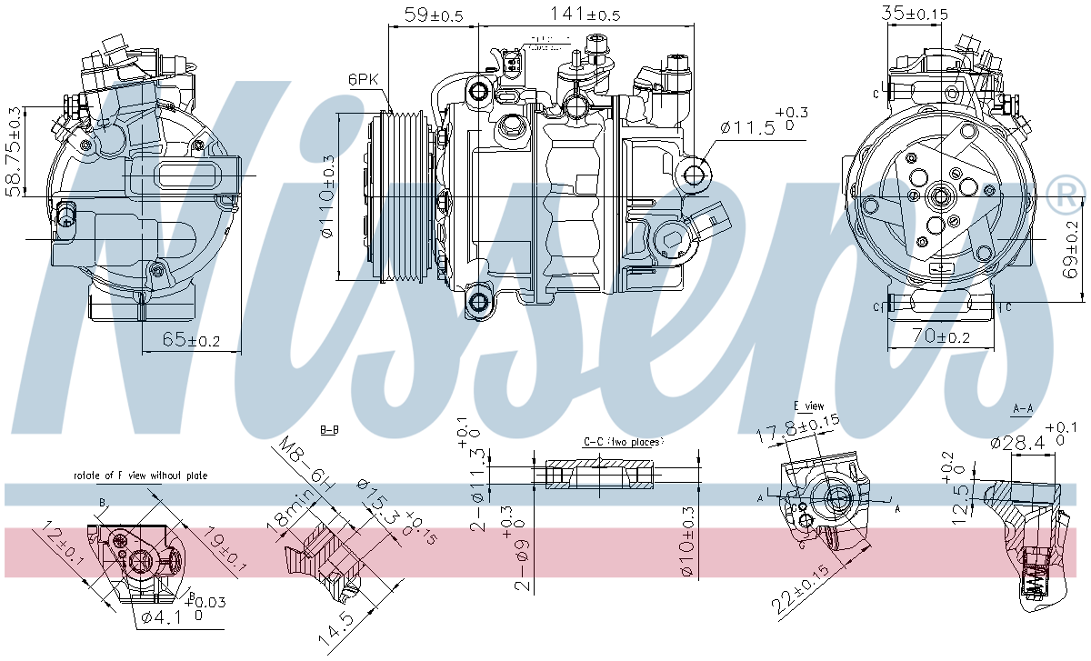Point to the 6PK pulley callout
(363, 79)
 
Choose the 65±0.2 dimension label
(191, 339)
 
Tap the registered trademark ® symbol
(1066, 193)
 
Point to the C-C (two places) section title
(623, 441)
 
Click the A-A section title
(1023, 409)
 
